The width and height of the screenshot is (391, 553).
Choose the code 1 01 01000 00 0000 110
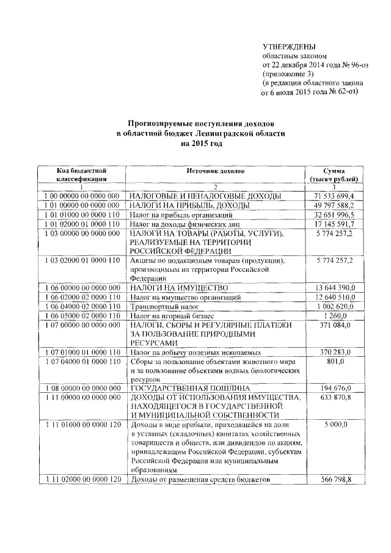tap(83, 215)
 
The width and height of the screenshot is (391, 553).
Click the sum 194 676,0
tap(335, 389)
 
